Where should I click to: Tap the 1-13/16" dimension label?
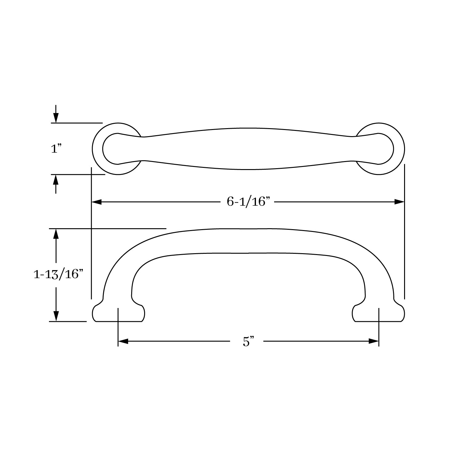pos(59,274)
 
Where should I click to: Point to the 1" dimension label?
pos(56,149)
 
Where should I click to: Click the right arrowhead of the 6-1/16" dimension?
pos(399,202)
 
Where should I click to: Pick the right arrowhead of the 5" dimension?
pos(374,341)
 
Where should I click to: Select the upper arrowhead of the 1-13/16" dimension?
pos(56,234)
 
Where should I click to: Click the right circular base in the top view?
pos(399,149)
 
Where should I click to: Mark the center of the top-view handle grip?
pos(248,149)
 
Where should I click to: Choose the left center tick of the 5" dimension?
pos(118,326)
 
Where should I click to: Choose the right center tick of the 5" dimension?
pos(379,326)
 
